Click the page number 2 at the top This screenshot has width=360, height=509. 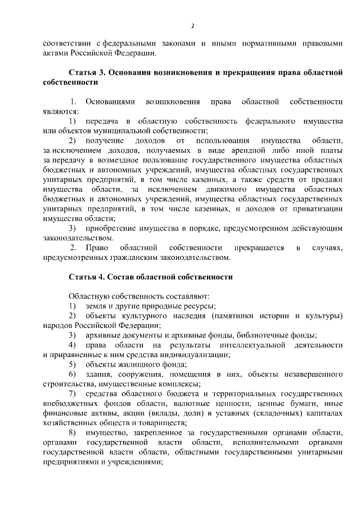tap(192, 26)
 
